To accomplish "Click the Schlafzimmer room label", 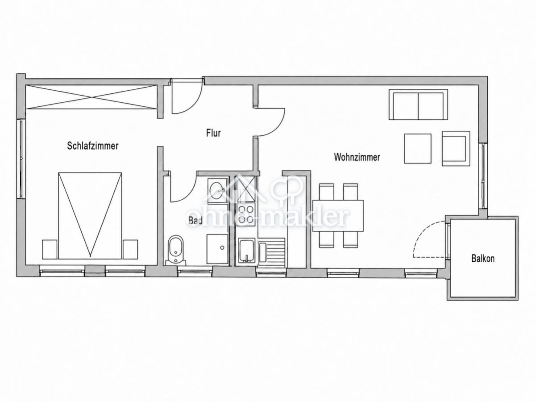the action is [92, 146].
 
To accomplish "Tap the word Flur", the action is [213, 133].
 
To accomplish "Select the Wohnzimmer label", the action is [357, 157].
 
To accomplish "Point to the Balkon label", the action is [483, 259].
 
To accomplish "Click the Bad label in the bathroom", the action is [195, 221].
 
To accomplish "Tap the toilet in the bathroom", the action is [175, 250].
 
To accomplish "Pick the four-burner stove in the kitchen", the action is [246, 214].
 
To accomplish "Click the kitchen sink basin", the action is [247, 251].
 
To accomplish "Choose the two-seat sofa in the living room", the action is [418, 105].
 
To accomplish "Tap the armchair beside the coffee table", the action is [456, 149].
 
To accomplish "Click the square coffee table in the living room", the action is [418, 149].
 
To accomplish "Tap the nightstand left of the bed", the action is [50, 250].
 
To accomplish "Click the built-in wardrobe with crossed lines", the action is [91, 97].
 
